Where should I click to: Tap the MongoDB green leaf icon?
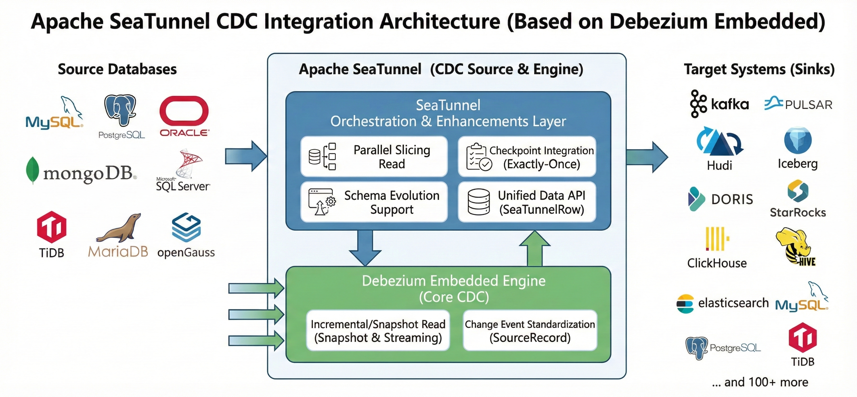tap(32, 170)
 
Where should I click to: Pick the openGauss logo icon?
tap(186, 228)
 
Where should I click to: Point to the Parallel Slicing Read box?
tap(374, 156)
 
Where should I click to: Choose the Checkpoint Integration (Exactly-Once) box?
tap(527, 156)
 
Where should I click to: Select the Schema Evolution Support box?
tap(374, 202)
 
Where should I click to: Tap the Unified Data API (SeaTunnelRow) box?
tap(527, 202)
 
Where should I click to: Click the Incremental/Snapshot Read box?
tap(378, 330)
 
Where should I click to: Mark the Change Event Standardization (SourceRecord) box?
tap(530, 330)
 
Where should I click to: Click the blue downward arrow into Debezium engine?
tap(365, 248)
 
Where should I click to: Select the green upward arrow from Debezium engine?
tap(534, 248)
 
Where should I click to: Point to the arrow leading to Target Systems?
tap(647, 157)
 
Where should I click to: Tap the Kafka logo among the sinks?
tap(719, 104)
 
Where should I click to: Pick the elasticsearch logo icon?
tap(685, 303)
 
